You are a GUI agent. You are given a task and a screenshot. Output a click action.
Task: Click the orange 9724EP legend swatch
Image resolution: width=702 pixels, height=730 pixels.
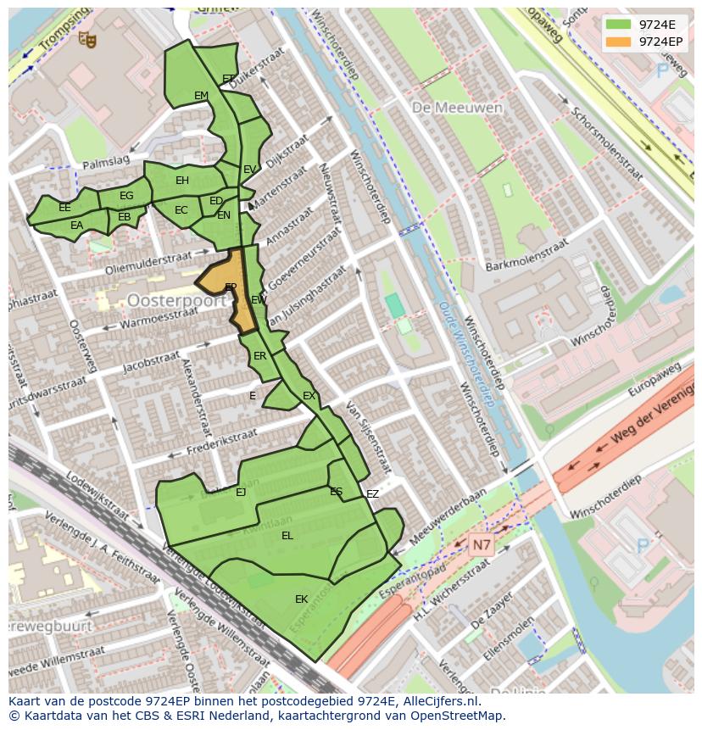point(617,41)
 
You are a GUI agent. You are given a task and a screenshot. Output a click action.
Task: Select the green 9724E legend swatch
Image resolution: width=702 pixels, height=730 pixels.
point(617,24)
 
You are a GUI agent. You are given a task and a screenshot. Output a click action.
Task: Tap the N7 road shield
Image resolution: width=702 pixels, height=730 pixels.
point(482,546)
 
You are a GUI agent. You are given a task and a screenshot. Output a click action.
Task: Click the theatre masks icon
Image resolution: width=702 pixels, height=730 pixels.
point(87,38)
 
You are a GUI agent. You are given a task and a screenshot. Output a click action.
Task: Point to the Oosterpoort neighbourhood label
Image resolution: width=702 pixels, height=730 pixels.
point(176,300)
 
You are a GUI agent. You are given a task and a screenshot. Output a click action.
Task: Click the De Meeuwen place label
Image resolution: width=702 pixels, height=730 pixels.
point(458,108)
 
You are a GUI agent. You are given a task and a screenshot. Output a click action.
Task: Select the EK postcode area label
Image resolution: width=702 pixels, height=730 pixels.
point(301,599)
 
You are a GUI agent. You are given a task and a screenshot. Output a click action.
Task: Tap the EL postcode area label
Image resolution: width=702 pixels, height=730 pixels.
point(287,536)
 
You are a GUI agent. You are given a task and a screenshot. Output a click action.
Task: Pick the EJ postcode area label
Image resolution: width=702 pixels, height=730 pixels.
point(241,492)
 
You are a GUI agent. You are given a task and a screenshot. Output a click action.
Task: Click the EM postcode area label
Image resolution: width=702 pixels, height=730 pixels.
point(201,96)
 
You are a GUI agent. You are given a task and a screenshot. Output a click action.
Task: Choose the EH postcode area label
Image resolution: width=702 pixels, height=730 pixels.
point(182,181)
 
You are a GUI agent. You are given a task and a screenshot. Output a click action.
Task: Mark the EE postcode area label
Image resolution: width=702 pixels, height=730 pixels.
point(64,208)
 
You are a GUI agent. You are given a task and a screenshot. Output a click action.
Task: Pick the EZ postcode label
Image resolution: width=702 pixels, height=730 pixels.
point(372,494)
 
